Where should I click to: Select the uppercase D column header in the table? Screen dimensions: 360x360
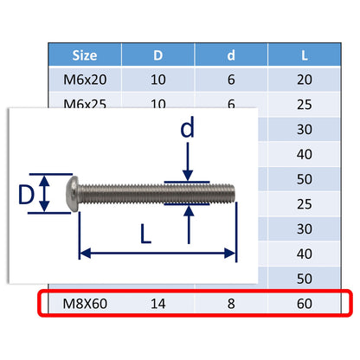pos(158,56)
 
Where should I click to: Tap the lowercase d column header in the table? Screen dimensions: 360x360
pos(232,56)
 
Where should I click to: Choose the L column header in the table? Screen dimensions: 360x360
pos(305,56)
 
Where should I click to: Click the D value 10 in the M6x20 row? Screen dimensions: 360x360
pos(158,80)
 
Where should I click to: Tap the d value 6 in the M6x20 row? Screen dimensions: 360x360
pos(232,80)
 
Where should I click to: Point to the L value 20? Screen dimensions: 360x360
pos(305,80)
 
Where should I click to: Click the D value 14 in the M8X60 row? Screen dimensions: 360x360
pos(158,304)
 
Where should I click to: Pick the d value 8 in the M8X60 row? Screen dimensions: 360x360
pos(232,304)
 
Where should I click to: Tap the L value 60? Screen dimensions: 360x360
pos(305,304)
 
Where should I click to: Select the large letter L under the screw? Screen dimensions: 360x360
pos(147,234)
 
